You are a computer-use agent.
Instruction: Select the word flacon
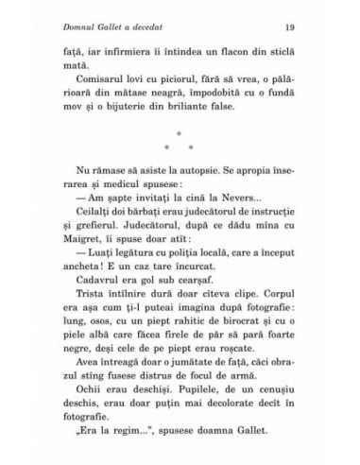click(242, 55)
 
